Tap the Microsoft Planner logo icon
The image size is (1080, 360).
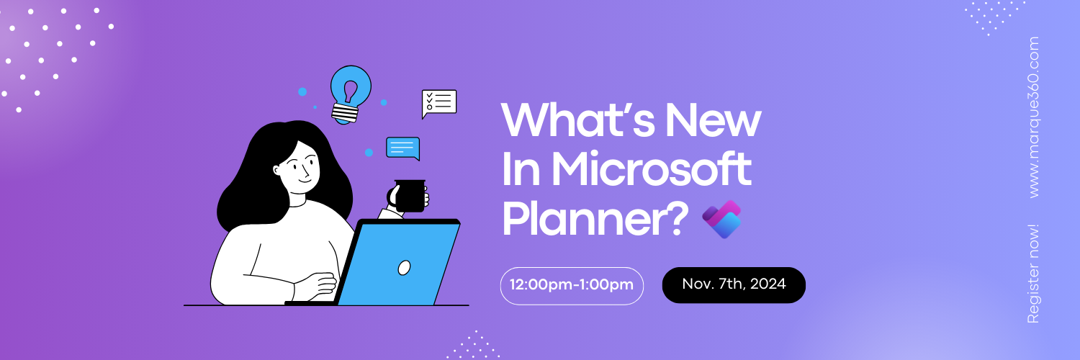coord(721,219)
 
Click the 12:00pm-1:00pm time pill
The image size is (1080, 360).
coord(572,285)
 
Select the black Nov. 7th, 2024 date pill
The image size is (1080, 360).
coord(734,284)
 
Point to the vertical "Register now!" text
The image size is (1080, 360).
coord(1033,274)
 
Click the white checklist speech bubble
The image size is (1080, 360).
coord(439,103)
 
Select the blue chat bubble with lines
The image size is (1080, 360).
coord(402,148)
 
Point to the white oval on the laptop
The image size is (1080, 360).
coord(405,268)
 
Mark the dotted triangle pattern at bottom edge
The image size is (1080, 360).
coord(473,346)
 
